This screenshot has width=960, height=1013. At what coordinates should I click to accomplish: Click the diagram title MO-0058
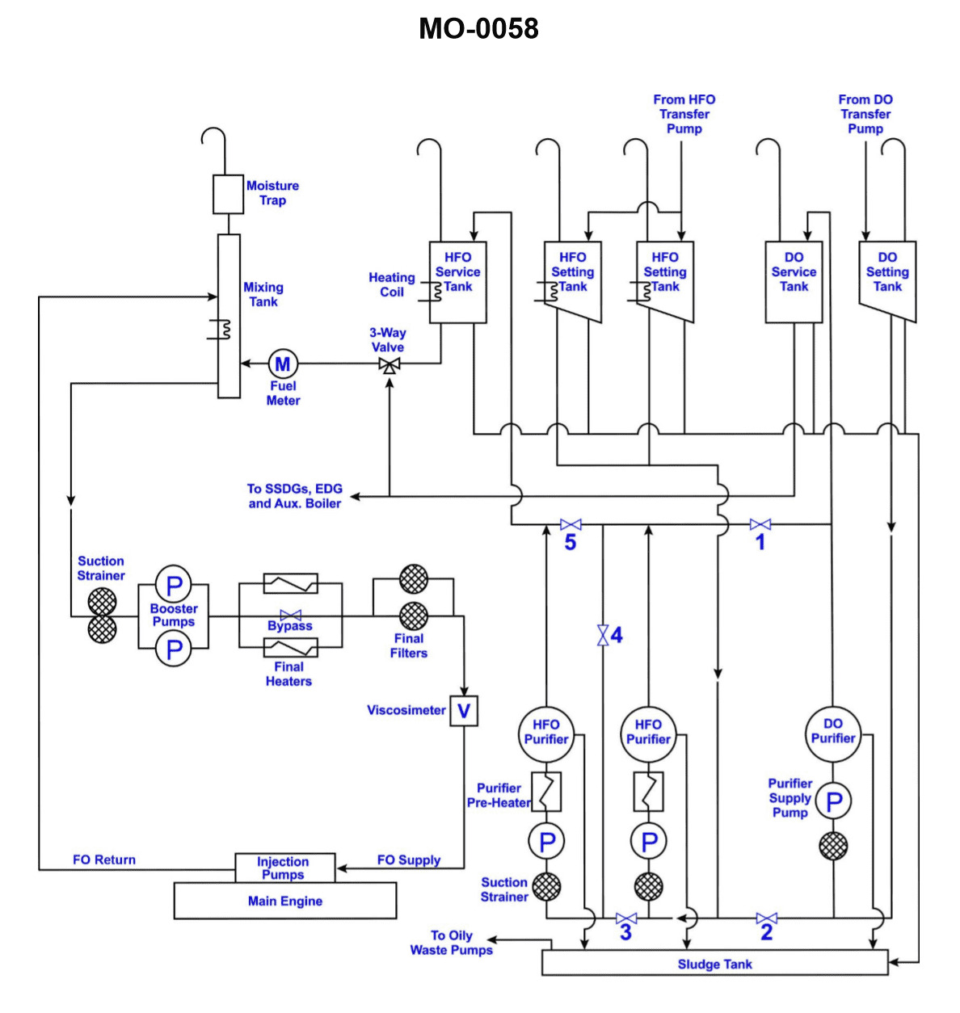coord(478,29)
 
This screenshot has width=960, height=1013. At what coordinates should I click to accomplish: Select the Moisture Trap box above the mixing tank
coord(228,194)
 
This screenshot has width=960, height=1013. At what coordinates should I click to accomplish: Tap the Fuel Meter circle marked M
coord(283,364)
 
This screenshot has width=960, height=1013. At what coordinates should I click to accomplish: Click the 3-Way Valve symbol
coord(389,364)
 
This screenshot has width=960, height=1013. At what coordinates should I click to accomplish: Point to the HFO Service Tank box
coord(457,282)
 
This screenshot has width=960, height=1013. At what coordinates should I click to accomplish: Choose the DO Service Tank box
coord(794,282)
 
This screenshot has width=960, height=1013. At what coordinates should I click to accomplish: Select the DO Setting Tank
coord(886,279)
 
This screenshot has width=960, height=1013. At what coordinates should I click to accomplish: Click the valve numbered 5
coord(571,525)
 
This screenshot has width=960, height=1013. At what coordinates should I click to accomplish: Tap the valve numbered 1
coord(760,525)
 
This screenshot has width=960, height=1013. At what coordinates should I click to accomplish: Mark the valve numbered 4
coord(603,635)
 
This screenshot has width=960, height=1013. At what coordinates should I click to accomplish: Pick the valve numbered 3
coord(626,918)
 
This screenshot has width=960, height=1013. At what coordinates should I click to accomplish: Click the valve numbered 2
coord(767,918)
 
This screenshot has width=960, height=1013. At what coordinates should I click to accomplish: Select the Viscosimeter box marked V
coord(464,711)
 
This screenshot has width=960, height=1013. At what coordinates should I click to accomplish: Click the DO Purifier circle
coord(833,732)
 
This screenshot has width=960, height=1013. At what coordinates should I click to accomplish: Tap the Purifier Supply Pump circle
coord(833,801)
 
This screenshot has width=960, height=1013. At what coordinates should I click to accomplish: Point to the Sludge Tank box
coord(714,963)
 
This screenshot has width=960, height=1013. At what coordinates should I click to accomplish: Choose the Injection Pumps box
coord(284,868)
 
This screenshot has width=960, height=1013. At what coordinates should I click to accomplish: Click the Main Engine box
coord(285,901)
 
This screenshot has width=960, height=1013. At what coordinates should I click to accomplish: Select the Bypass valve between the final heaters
coord(291,616)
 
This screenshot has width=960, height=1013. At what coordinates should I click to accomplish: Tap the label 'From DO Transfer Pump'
coord(865,114)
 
